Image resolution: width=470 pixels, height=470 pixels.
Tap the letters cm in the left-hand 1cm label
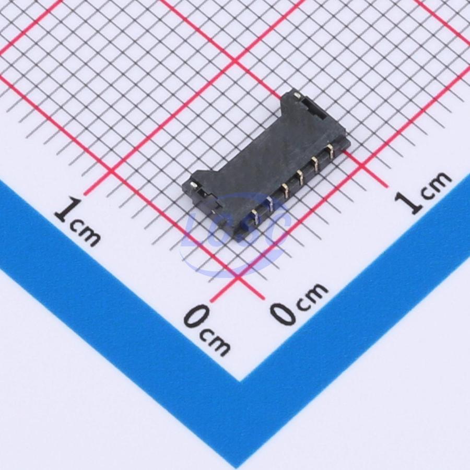85,234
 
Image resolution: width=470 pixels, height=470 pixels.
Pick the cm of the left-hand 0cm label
215,341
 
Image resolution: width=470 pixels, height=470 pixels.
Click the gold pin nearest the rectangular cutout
331,151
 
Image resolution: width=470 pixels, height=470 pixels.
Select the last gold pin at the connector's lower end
255,217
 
